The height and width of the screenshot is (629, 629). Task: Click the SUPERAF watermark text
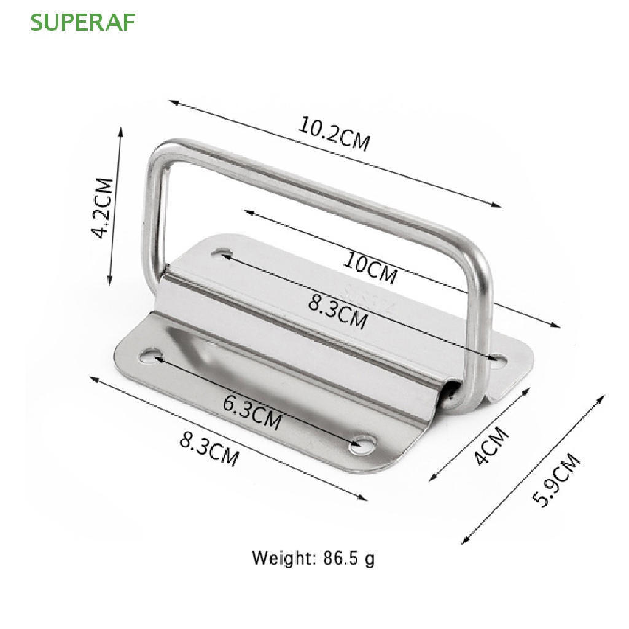click(x=83, y=21)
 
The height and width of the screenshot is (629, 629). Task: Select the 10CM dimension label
click(x=370, y=269)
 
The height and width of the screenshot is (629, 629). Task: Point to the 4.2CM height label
click(x=103, y=208)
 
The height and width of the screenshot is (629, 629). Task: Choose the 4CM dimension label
click(x=493, y=446)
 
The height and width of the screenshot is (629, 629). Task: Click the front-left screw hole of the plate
click(x=150, y=354)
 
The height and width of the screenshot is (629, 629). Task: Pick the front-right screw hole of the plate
click(x=363, y=444)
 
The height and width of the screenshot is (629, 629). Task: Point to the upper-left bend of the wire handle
click(x=161, y=150)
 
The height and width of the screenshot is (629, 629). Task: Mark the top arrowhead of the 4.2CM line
click(x=121, y=131)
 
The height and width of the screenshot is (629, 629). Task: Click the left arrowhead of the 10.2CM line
click(x=173, y=102)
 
